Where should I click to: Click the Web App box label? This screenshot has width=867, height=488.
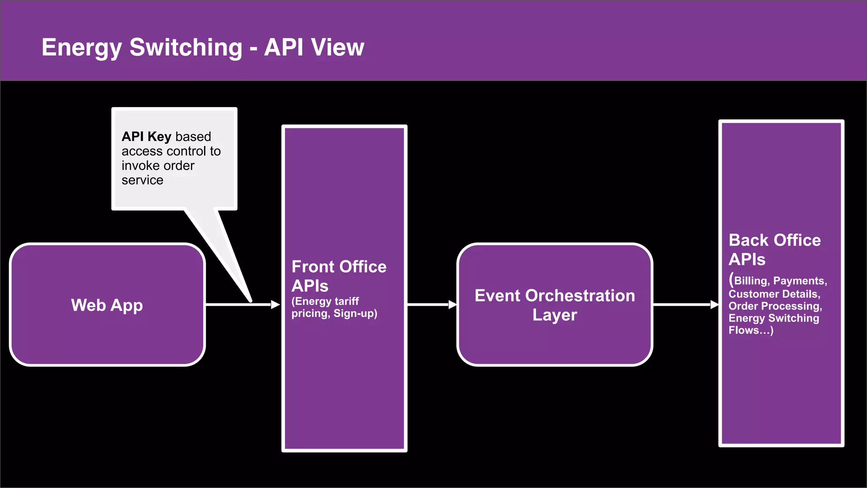pyautogui.click(x=107, y=305)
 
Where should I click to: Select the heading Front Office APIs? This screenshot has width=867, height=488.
pyautogui.click(x=339, y=276)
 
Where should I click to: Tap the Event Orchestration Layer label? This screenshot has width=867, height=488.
pyautogui.click(x=555, y=305)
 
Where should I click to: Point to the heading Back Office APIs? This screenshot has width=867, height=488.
pyautogui.click(x=774, y=250)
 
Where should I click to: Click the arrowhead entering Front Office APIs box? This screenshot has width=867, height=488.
pyautogui.click(x=276, y=305)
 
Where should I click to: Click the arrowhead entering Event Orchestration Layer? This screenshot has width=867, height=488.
pyautogui.click(x=453, y=305)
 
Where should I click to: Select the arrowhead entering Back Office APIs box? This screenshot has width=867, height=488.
pyautogui.click(x=715, y=305)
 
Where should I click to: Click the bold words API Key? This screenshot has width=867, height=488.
pyautogui.click(x=146, y=136)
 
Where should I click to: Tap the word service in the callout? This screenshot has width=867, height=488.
pyautogui.click(x=142, y=180)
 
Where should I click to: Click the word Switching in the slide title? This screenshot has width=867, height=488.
pyautogui.click(x=186, y=47)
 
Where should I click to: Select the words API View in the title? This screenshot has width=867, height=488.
pyautogui.click(x=314, y=47)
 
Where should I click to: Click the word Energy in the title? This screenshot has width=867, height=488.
pyautogui.click(x=82, y=48)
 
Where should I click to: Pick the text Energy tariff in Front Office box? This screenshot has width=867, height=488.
pyautogui.click(x=326, y=301)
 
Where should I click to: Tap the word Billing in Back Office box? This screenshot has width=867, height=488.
pyautogui.click(x=751, y=281)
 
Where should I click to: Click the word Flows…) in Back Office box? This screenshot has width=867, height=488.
pyautogui.click(x=751, y=330)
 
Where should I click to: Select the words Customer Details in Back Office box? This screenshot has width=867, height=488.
pyautogui.click(x=774, y=294)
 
